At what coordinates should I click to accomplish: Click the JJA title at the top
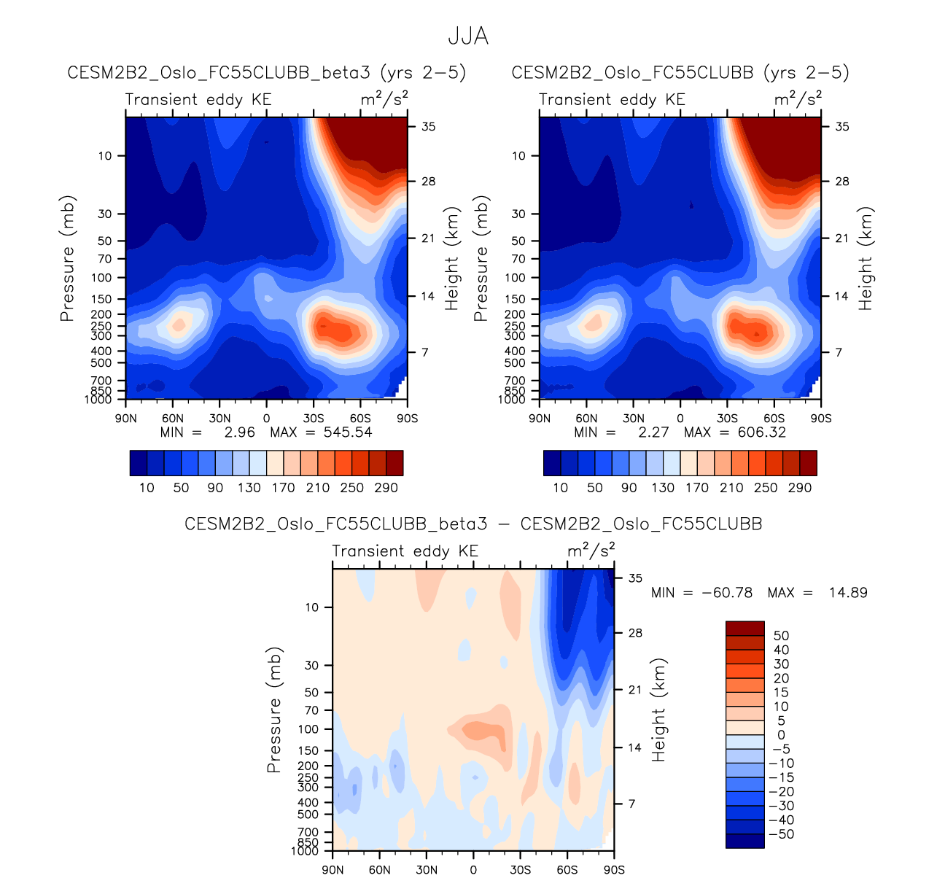click(467, 36)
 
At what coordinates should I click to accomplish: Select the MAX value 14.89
click(848, 592)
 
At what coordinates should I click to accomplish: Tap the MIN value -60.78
click(726, 592)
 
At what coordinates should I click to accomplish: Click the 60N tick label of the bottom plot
click(379, 869)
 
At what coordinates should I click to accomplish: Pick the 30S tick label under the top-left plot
click(314, 419)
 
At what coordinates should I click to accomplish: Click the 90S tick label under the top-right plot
click(821, 419)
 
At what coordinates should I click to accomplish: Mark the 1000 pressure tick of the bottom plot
click(306, 851)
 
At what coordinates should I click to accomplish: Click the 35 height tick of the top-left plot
click(428, 127)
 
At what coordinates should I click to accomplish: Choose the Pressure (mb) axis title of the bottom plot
click(274, 710)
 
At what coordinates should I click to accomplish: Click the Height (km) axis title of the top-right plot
click(866, 258)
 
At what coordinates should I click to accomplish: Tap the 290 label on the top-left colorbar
click(386, 488)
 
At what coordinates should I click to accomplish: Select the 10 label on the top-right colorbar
click(560, 488)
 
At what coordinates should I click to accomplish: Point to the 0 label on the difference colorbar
click(781, 735)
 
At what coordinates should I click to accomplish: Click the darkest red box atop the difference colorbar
click(744, 629)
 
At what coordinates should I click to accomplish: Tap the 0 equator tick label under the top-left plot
click(266, 419)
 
